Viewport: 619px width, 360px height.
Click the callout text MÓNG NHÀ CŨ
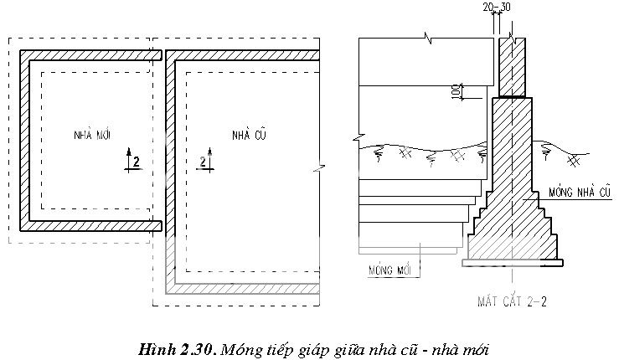[x=580, y=192]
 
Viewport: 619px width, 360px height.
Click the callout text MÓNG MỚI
[x=393, y=270]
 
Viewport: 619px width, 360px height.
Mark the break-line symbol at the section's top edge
[x=431, y=39]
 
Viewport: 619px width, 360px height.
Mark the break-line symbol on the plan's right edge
[x=319, y=168]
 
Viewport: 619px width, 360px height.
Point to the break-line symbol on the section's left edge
[x=358, y=136]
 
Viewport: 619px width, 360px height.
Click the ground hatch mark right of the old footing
[x=573, y=157]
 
